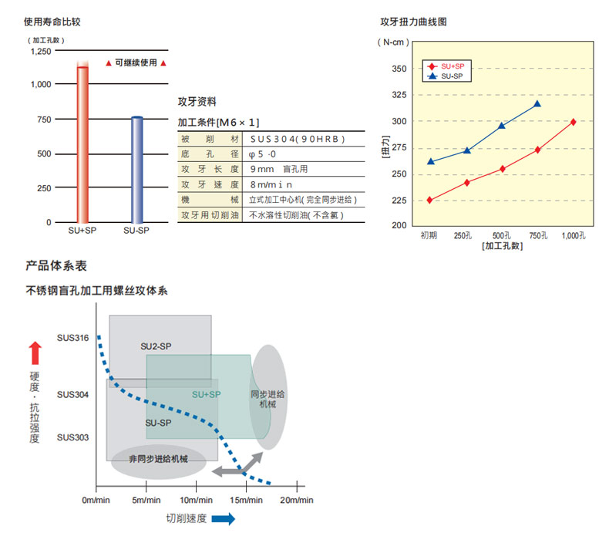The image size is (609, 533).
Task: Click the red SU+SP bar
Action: tap(82, 143)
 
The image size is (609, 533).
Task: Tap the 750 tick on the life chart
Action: tap(43, 120)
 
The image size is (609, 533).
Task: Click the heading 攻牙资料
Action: tap(197, 101)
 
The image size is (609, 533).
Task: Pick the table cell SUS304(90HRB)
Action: tap(297, 139)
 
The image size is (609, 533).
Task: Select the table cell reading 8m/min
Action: tap(269, 185)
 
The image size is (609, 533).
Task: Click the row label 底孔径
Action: tap(206, 154)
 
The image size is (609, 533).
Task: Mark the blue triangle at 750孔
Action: tap(537, 103)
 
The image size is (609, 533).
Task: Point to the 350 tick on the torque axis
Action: tap(399, 69)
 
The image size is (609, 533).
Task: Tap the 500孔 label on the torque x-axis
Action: tap(503, 234)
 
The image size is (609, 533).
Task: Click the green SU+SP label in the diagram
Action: tap(207, 394)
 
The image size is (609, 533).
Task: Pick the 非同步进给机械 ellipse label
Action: tap(158, 459)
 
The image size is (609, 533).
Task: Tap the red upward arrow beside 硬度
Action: tap(35, 354)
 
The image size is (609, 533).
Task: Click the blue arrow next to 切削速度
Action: tap(224, 519)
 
